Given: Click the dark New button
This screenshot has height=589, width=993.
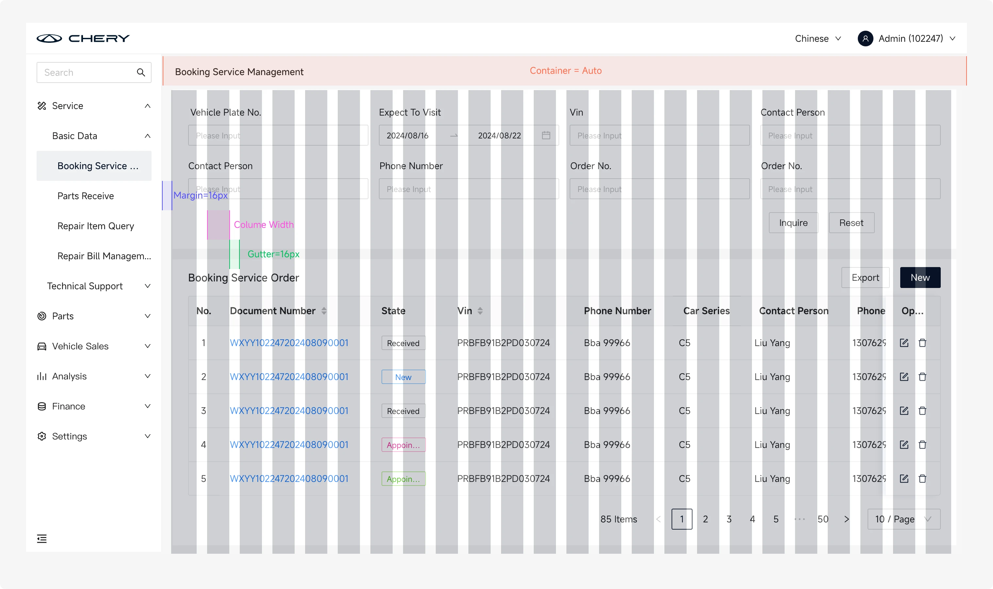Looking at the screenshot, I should pyautogui.click(x=920, y=278).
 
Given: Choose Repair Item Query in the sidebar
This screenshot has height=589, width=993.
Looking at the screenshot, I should pyautogui.click(x=95, y=226).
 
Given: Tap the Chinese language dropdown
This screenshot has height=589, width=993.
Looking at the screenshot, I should pyautogui.click(x=818, y=39).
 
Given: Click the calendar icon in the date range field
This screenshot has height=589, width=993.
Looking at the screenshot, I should pyautogui.click(x=546, y=135).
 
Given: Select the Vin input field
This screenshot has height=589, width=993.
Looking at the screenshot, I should pyautogui.click(x=659, y=135).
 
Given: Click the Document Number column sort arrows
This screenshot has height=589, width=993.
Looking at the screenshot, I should pyautogui.click(x=324, y=311).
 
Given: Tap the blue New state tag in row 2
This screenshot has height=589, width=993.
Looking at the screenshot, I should pyautogui.click(x=403, y=377).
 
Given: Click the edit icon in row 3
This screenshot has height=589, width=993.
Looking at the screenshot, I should pyautogui.click(x=904, y=410).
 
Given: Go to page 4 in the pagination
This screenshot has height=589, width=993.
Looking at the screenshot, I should pyautogui.click(x=752, y=519).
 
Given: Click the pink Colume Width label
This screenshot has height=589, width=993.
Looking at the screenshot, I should pyautogui.click(x=264, y=225).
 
